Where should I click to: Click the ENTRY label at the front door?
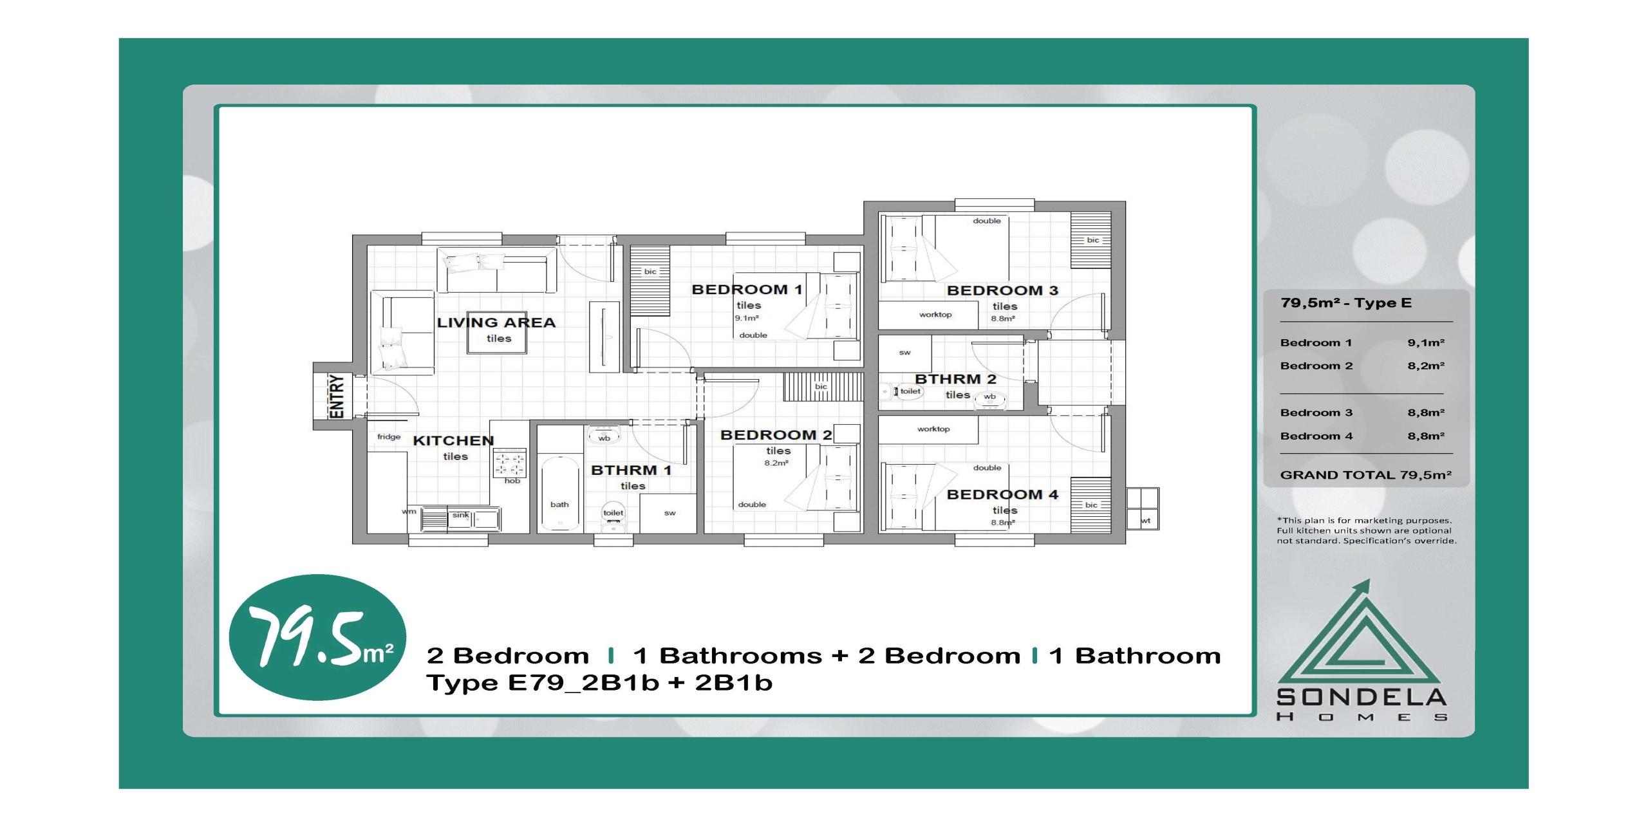click(x=337, y=396)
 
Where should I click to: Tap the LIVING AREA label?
click(x=496, y=322)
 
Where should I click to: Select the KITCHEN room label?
click(x=453, y=440)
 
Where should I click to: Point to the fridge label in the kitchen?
click(x=389, y=437)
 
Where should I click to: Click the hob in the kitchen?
click(x=509, y=463)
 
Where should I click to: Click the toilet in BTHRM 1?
click(x=613, y=517)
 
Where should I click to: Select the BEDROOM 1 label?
click(x=747, y=290)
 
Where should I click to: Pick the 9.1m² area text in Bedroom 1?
click(x=747, y=318)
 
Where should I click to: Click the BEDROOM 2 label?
click(x=776, y=435)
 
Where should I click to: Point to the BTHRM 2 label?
click(x=955, y=379)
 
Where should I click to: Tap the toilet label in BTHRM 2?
click(x=910, y=391)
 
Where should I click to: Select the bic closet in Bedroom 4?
click(x=1091, y=505)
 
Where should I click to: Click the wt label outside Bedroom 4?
click(x=1145, y=521)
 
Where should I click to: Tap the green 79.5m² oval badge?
click(x=317, y=637)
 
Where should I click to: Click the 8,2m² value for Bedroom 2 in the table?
click(x=1426, y=366)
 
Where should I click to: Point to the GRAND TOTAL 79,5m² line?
click(x=1365, y=475)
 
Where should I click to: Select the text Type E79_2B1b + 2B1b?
click(x=599, y=682)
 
